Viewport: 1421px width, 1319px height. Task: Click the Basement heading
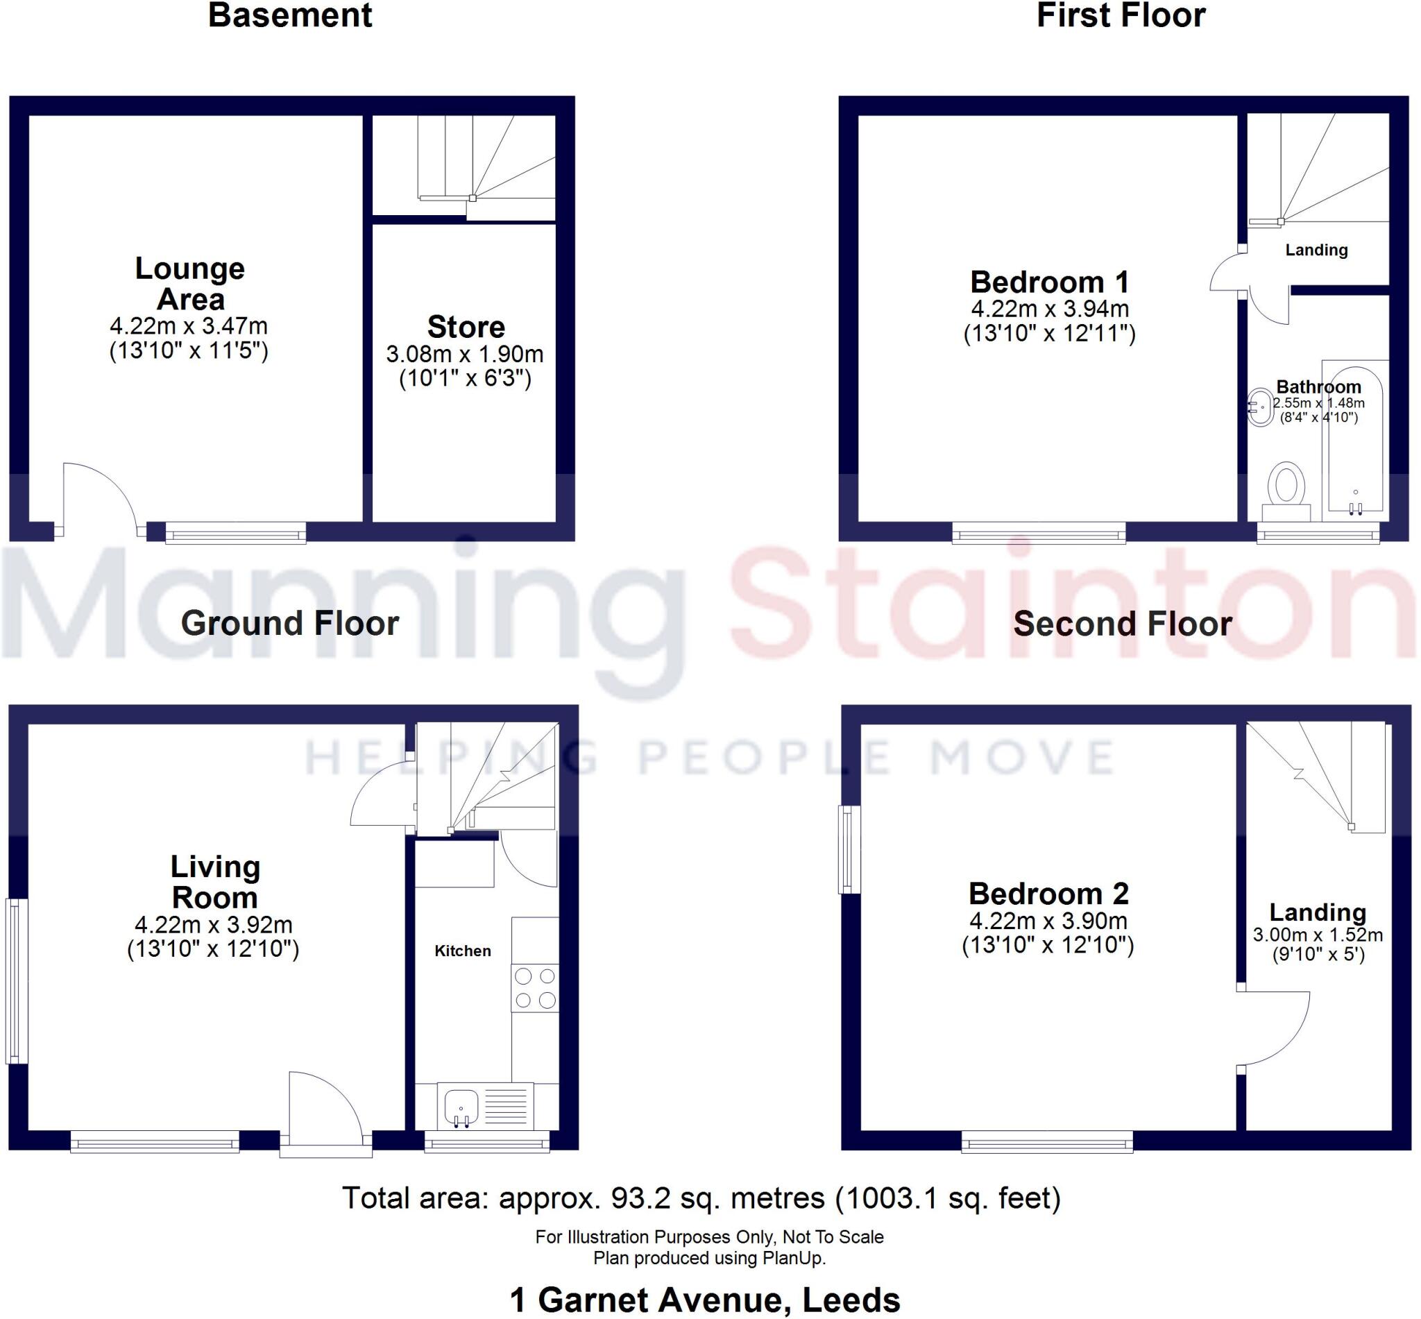[x=290, y=16]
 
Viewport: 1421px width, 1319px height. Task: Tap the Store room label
[x=466, y=327]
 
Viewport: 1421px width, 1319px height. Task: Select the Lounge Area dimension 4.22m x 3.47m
[x=189, y=326]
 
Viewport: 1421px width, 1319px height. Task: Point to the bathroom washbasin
[x=1261, y=407]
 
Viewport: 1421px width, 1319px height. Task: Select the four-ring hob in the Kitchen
[x=534, y=988]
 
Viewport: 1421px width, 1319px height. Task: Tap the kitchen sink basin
[x=460, y=1105]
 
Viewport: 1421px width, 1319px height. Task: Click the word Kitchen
[x=463, y=951]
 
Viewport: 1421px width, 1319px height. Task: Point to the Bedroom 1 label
[x=1049, y=282]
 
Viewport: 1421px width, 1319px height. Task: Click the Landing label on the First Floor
[x=1316, y=250]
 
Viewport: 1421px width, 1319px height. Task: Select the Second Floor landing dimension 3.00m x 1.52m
[x=1318, y=935]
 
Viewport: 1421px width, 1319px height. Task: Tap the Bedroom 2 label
[x=1048, y=894]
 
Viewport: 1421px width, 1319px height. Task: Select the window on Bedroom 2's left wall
[x=849, y=849]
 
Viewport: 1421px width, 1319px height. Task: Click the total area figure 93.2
[x=640, y=1198]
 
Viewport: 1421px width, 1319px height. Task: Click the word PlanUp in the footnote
[x=799, y=1259]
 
